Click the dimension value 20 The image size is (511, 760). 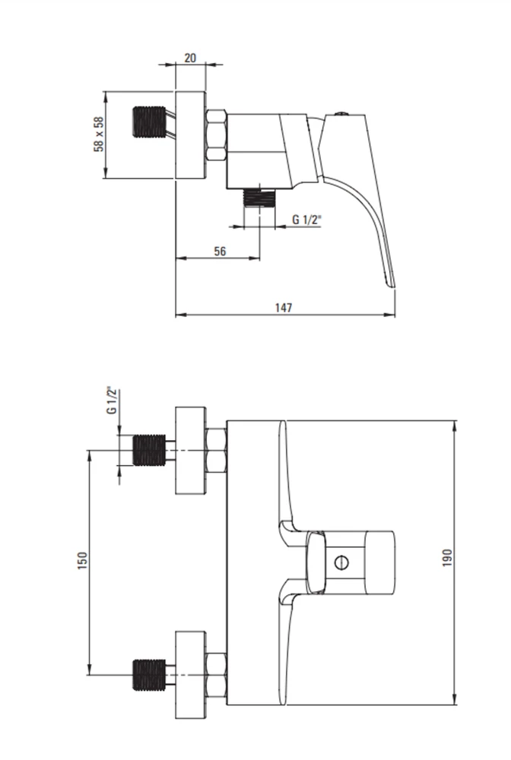pos(190,58)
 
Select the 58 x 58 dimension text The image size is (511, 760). pos(99,135)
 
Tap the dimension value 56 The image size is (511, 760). pos(220,251)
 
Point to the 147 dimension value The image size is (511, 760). pos(284,308)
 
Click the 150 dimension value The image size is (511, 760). pos(83,560)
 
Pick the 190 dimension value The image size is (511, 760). pos(447,558)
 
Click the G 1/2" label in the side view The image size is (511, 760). pos(306,219)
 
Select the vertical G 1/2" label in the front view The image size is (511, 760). pos(112,401)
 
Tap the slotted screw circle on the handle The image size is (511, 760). pos(341,562)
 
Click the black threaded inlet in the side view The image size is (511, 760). pos(149,121)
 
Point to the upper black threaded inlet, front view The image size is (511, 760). pos(149,450)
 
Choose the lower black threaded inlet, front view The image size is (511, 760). pos(149,674)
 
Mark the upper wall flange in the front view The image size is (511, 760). pos(191,450)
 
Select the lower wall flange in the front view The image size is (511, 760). pos(191,675)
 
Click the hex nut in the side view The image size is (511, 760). pos(216,136)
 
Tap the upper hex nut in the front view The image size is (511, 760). pos(216,451)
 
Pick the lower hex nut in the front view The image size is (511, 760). pos(216,675)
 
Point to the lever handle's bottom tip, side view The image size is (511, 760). pos(392,287)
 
